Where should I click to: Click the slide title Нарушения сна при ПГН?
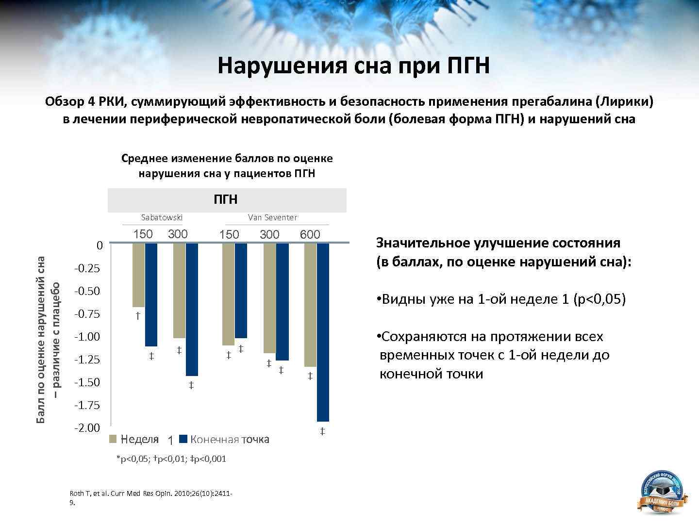353,65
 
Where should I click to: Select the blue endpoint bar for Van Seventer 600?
323,332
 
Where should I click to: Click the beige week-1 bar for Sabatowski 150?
138,275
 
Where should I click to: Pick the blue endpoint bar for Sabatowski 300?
192,310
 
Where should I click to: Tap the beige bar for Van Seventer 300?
269,298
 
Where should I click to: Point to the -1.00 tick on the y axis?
87,337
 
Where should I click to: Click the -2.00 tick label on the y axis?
87,428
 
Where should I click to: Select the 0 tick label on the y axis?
100,246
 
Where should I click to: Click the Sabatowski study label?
162,217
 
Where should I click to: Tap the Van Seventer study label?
272,217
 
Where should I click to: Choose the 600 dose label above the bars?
310,235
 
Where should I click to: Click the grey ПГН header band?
227,200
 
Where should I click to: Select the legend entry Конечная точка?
230,440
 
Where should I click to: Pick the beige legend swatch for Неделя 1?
113,439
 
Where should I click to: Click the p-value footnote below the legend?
171,459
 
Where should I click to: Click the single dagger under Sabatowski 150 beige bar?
138,316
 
